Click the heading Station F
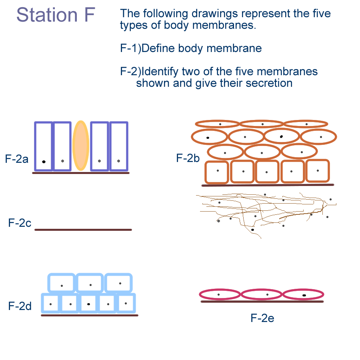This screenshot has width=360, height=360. point(56,15)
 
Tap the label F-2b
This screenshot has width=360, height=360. point(188,158)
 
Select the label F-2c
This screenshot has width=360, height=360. point(20,223)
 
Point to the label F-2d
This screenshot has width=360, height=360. point(20,306)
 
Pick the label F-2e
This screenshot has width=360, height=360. point(262,318)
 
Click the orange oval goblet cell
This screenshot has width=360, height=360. point(81,146)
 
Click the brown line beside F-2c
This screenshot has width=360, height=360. point(83,230)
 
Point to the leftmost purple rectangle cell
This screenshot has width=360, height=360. point(44,146)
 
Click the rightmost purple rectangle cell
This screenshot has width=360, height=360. point(119,146)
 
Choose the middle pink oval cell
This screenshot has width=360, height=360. point(262,295)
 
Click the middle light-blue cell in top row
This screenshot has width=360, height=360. point(90,283)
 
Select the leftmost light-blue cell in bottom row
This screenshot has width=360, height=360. point(50,304)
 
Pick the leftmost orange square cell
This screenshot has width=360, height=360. point(217,172)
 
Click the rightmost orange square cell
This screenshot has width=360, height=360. point(318,171)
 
